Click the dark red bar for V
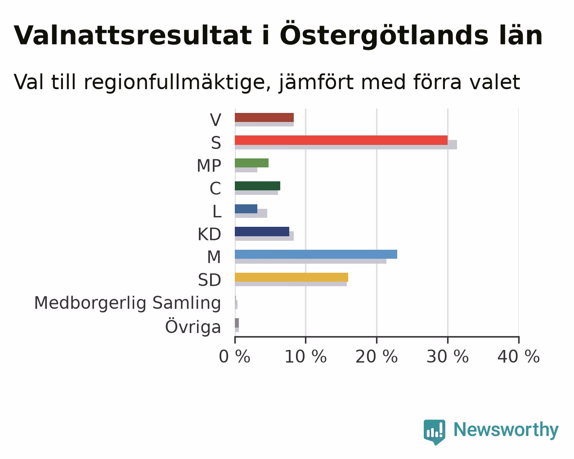click(x=264, y=117)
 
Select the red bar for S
click(x=341, y=140)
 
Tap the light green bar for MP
click(x=251, y=163)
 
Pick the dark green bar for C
click(x=257, y=186)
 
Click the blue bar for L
click(x=246, y=209)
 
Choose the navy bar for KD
click(x=262, y=231)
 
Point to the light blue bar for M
click(x=316, y=254)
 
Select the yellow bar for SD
click(x=291, y=277)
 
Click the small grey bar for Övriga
click(x=237, y=323)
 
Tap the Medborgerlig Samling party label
click(x=127, y=303)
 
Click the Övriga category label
click(x=193, y=326)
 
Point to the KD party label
click(x=209, y=234)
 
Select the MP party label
click(x=209, y=166)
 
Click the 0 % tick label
click(x=234, y=356)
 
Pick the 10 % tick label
click(x=306, y=356)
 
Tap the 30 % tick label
click(x=448, y=356)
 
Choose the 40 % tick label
click(x=519, y=356)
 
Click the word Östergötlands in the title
click(x=384, y=35)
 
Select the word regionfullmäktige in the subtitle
click(x=177, y=82)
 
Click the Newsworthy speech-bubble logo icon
click(x=435, y=432)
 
